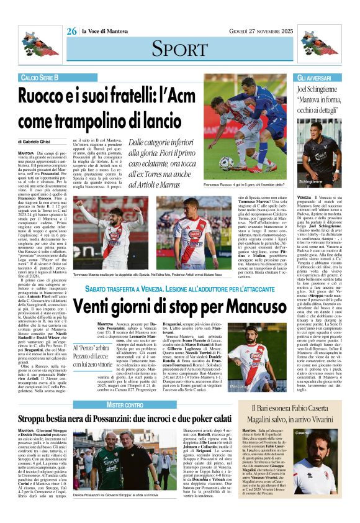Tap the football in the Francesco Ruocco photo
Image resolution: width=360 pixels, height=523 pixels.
pyautogui.click(x=227, y=163)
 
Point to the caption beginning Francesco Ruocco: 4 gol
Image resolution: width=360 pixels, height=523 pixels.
pyautogui.click(x=245, y=186)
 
